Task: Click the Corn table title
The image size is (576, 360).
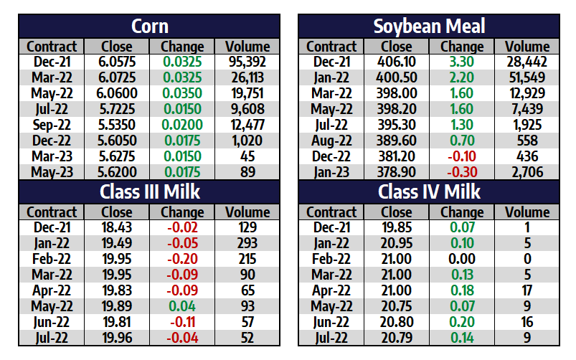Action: (x=150, y=27)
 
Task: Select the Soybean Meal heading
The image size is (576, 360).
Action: (x=429, y=27)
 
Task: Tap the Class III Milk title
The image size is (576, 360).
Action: (x=150, y=192)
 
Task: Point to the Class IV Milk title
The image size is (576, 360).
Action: (x=429, y=192)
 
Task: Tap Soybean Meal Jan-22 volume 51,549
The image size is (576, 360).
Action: (x=527, y=78)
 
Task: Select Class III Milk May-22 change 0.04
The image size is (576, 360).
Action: (x=182, y=307)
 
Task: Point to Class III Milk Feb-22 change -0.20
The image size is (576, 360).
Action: (x=182, y=260)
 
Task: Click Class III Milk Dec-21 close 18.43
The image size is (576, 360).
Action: (x=117, y=228)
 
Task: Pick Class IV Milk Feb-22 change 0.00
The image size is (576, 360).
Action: (x=462, y=260)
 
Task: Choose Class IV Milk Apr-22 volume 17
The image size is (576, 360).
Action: (x=527, y=291)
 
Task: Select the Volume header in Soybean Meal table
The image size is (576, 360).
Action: (x=527, y=47)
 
